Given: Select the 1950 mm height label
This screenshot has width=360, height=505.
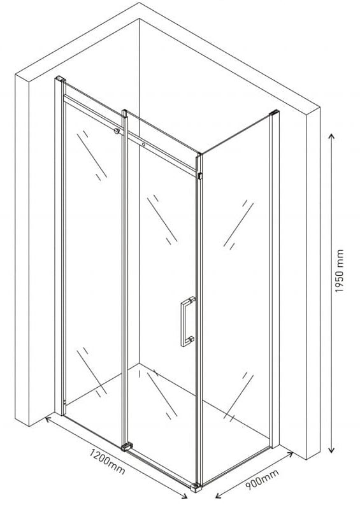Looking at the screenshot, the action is point(340,271).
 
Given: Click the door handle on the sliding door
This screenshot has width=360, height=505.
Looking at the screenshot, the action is point(187,321).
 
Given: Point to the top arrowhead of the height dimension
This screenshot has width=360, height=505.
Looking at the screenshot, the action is point(331,136).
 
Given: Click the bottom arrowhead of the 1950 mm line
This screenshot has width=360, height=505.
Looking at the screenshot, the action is point(331,450).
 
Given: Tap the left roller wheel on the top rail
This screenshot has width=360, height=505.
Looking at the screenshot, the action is point(117,131).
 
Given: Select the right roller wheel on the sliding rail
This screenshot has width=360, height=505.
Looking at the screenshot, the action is point(143,145).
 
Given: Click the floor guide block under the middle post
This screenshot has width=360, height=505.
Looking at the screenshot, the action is point(127,446).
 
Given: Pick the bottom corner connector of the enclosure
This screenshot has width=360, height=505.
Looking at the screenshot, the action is point(196,487).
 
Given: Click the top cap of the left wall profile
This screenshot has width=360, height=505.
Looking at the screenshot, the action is point(61,79).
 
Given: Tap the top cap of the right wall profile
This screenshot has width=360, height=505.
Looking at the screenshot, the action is point(274,113).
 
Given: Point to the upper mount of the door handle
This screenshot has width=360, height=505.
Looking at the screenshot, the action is point(192,299).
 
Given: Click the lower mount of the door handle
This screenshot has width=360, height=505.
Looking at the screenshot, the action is point(191,339).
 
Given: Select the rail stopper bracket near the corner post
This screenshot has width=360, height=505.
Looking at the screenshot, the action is point(200,176).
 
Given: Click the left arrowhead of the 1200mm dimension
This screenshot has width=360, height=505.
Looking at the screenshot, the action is point(47,418).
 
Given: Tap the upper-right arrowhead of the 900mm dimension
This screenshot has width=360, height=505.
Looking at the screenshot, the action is point(290,454).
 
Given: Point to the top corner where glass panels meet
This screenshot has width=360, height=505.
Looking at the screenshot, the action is point(199,154).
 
